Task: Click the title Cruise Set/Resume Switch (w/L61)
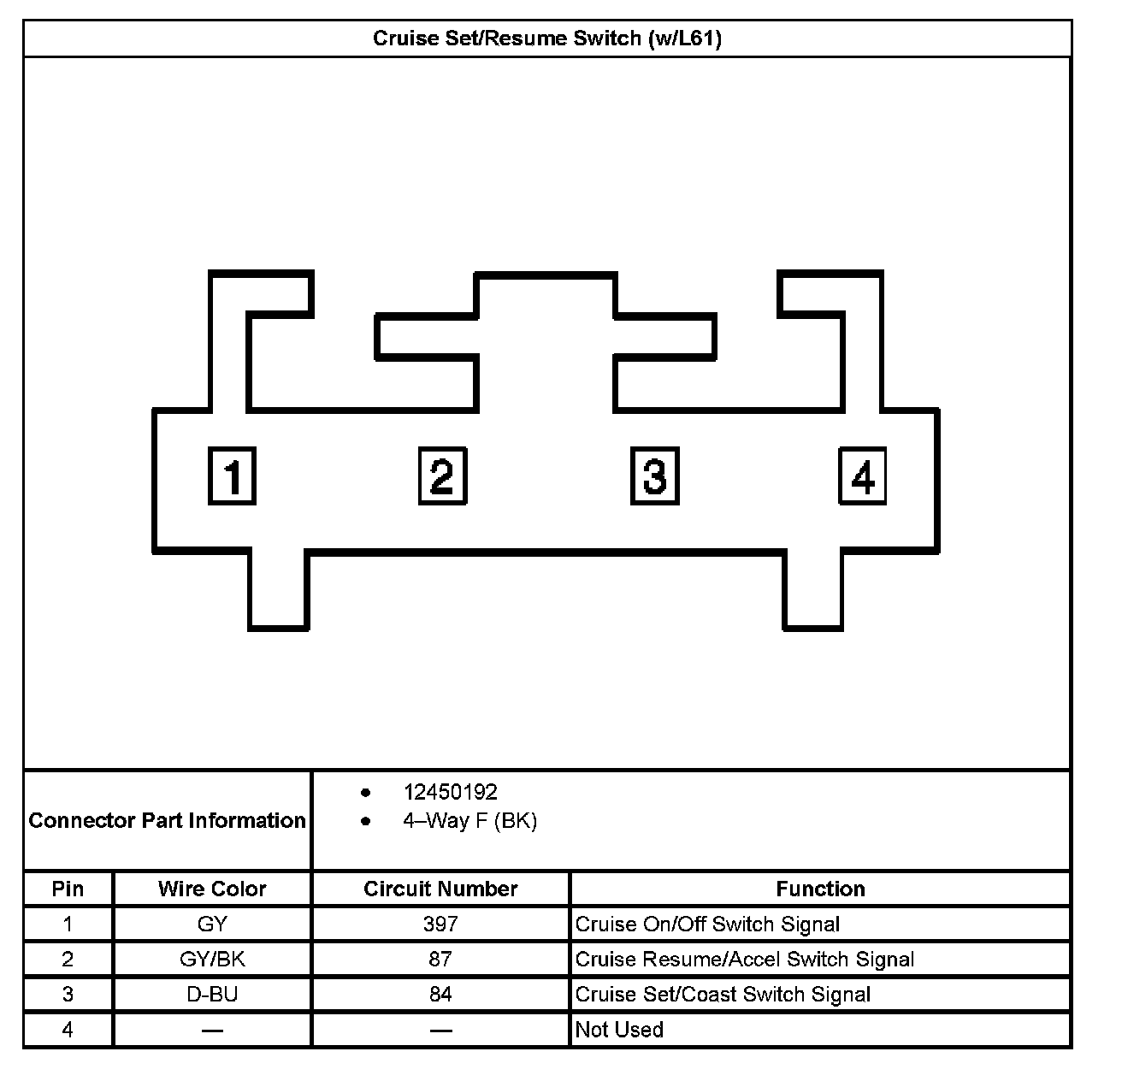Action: (x=547, y=39)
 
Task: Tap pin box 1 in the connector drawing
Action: (x=232, y=476)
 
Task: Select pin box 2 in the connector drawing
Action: (x=442, y=476)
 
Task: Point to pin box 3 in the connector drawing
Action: (x=654, y=476)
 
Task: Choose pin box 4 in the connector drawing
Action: (x=862, y=476)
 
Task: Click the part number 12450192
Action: (x=450, y=792)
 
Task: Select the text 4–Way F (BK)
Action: (x=469, y=821)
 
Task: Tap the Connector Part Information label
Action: (x=168, y=820)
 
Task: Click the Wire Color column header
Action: (x=212, y=889)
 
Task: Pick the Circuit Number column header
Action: (x=440, y=889)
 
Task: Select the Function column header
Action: (x=820, y=889)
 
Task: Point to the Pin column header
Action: (x=68, y=889)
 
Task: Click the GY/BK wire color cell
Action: (x=212, y=959)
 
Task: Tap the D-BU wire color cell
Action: (x=212, y=994)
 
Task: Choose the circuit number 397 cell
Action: (x=440, y=924)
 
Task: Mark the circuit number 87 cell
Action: (x=440, y=959)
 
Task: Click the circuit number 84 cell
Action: (x=440, y=994)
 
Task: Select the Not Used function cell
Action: (x=619, y=1029)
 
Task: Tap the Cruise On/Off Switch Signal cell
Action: (x=707, y=924)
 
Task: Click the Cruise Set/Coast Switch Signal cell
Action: (x=723, y=994)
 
